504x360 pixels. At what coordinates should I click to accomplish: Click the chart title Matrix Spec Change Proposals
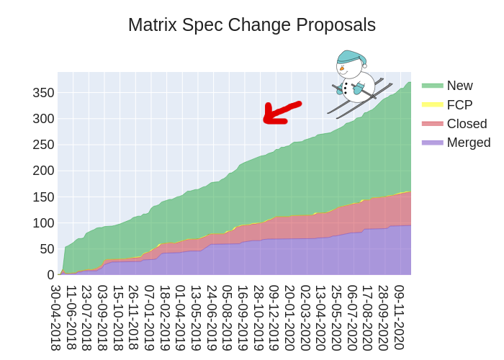coord(252,25)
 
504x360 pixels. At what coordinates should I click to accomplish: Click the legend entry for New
coord(459,86)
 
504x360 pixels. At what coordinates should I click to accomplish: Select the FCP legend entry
coord(459,104)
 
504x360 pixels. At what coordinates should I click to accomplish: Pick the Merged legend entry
coord(468,143)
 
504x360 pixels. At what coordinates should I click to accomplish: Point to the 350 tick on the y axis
coord(44,93)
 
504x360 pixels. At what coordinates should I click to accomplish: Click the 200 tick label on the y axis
coord(44,171)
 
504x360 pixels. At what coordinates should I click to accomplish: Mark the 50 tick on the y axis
coord(47,249)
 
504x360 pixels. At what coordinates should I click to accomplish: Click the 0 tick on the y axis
coord(50,275)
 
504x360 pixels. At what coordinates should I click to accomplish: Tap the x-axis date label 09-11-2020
coord(399,318)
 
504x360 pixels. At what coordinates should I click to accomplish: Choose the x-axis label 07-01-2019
coord(150,318)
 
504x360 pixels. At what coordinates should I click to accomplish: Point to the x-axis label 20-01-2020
coord(289,318)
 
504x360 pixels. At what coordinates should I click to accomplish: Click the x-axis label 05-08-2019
coord(228,318)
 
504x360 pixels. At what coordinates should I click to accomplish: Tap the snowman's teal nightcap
coord(351,56)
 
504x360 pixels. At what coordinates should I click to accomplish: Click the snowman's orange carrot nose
coord(342,69)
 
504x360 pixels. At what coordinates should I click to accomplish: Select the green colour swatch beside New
coord(432,86)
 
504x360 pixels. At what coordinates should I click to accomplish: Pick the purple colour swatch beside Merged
coord(432,143)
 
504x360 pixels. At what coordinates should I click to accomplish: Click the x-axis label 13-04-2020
coord(320,318)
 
